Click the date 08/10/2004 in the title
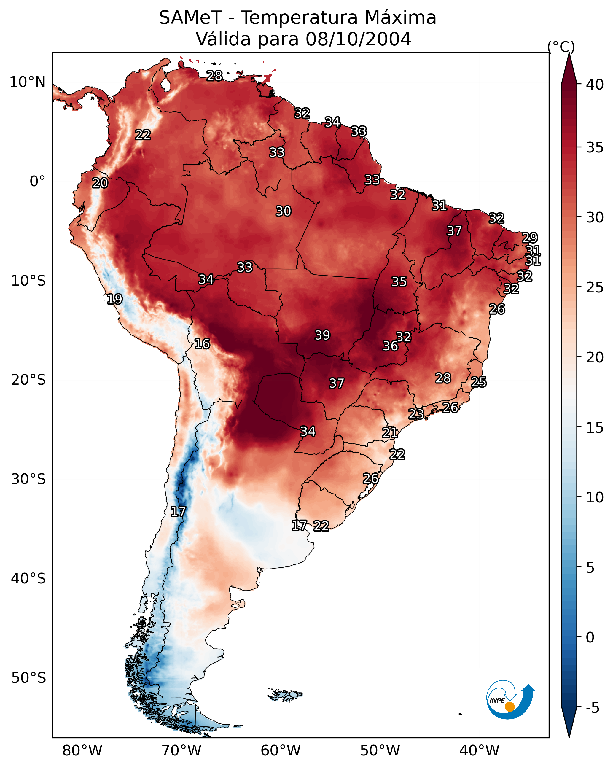pos(358,39)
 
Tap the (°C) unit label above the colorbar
pos(561,47)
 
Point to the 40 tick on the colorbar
pos(595,85)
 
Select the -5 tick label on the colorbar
pos(592,708)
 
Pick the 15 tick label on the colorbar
pos(595,428)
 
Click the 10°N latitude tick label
pos(27,82)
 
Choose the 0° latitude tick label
pos(37,182)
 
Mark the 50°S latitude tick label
pos(28,678)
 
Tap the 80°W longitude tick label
pos(82,751)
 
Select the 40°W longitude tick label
pos(479,751)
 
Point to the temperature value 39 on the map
pos(322,335)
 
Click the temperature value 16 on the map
pos(202,344)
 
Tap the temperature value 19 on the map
pos(114,299)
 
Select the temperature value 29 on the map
pos(529,238)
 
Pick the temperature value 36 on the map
pos(390,346)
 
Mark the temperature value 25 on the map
pos(479,382)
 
